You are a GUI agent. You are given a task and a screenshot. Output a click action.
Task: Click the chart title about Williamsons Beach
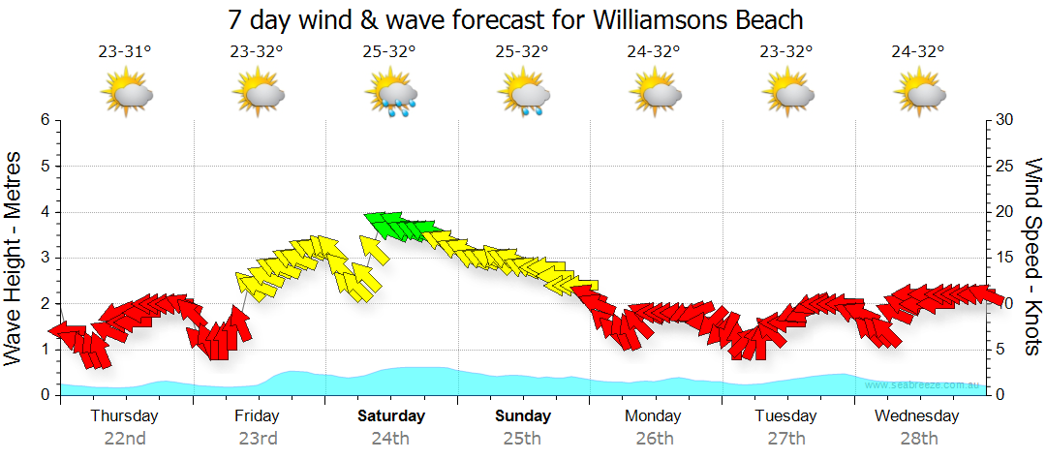coord(515,19)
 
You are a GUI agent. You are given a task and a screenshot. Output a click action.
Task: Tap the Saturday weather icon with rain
coord(391,94)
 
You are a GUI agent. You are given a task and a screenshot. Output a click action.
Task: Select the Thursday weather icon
coord(126,94)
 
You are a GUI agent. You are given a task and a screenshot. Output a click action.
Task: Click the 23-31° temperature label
coord(126,52)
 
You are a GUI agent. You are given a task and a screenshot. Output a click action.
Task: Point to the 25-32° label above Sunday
coord(522,52)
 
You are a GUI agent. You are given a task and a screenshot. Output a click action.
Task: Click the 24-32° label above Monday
coord(654,52)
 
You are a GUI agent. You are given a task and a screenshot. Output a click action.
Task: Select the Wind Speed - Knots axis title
coord(1031,257)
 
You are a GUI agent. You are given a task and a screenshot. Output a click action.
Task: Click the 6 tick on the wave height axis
coord(45,120)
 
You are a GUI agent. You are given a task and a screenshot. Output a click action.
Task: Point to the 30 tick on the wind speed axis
coord(1004,120)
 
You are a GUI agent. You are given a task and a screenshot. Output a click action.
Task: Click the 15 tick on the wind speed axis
coord(1004,258)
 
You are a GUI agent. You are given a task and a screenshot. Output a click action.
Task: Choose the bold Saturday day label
coord(391,416)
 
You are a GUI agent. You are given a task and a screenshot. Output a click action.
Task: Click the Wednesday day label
coord(916,416)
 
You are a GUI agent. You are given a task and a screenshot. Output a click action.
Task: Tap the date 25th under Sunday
coord(522,438)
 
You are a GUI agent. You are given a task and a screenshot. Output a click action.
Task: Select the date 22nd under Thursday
coord(125,438)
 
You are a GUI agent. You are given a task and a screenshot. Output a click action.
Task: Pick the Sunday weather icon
coord(524,94)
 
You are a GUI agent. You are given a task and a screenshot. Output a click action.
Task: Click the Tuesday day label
coord(785,416)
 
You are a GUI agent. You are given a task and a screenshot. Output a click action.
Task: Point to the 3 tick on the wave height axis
coord(45,258)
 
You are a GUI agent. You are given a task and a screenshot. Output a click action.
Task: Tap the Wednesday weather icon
coord(919,94)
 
